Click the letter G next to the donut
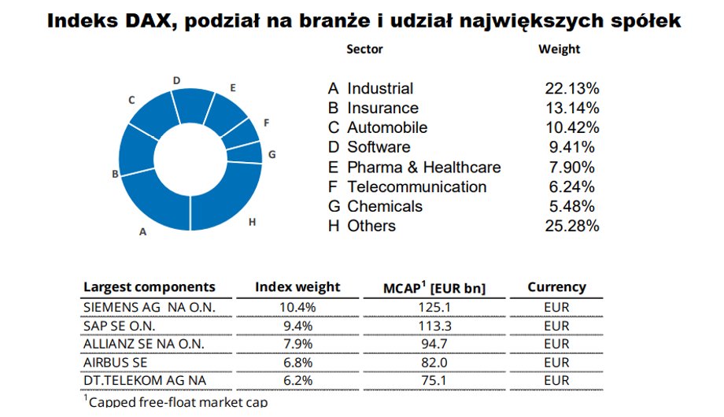coord(271,154)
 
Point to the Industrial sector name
coord(380,89)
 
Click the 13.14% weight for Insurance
coord(572,109)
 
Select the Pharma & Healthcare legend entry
coord(423,168)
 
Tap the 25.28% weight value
coord(572,227)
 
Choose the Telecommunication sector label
coord(416,187)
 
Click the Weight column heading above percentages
coord(559,49)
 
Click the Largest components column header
coord(149,287)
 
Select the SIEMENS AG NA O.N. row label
coord(148,307)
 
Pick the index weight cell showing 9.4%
coord(297,326)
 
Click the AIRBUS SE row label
coord(115,363)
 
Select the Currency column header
coord(556,287)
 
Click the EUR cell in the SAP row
coord(556,326)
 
